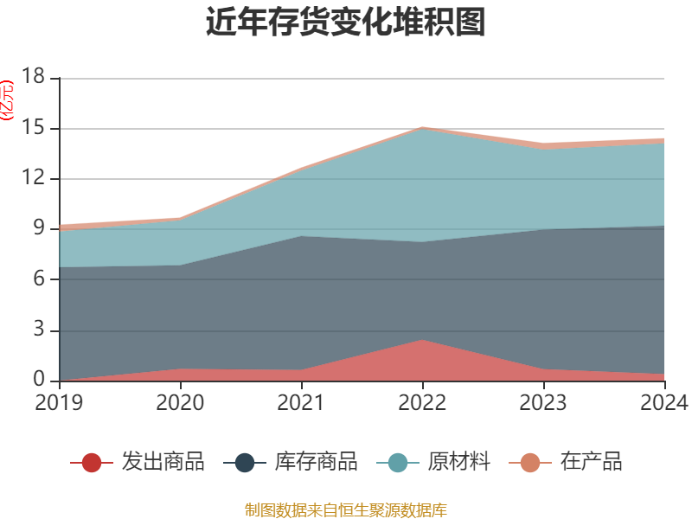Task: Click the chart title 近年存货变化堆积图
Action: (346, 22)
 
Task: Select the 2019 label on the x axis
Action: (59, 402)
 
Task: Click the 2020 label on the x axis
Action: (180, 402)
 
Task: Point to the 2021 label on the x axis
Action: (301, 402)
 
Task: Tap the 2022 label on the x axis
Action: (422, 402)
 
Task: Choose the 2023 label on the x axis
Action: (543, 402)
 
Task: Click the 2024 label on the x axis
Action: (664, 402)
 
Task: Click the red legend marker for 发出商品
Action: (92, 463)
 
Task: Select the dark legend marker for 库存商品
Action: (245, 463)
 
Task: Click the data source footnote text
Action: (346, 509)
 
